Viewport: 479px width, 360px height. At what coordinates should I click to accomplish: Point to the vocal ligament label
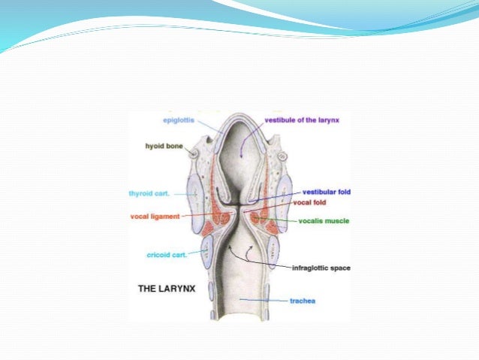(x=155, y=216)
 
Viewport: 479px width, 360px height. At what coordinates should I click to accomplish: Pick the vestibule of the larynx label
(x=303, y=119)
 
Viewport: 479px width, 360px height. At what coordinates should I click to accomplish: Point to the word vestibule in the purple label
(x=282, y=119)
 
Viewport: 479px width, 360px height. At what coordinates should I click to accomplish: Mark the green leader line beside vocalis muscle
(x=286, y=222)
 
